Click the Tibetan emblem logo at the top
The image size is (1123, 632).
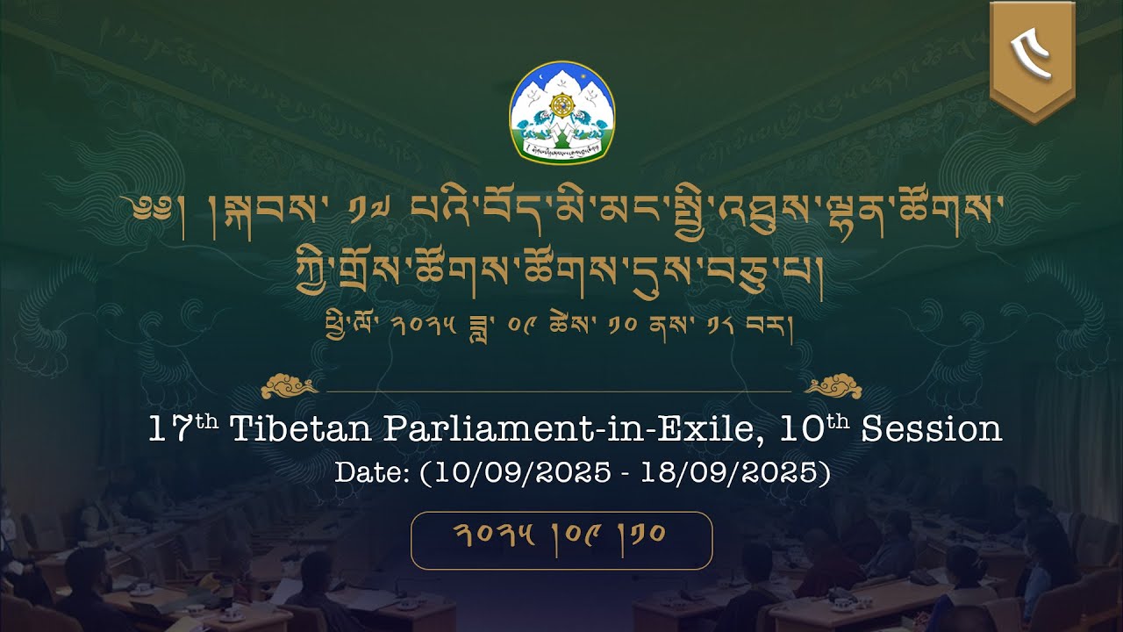pyautogui.click(x=561, y=111)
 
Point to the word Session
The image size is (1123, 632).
pyautogui.click(x=931, y=430)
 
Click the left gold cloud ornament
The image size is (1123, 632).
pyautogui.click(x=290, y=385)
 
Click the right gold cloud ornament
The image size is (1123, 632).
pyautogui.click(x=833, y=385)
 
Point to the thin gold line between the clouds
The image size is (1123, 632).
pyautogui.click(x=561, y=391)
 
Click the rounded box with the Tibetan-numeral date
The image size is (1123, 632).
pyautogui.click(x=561, y=540)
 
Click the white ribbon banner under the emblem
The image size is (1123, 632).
pyautogui.click(x=561, y=149)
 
